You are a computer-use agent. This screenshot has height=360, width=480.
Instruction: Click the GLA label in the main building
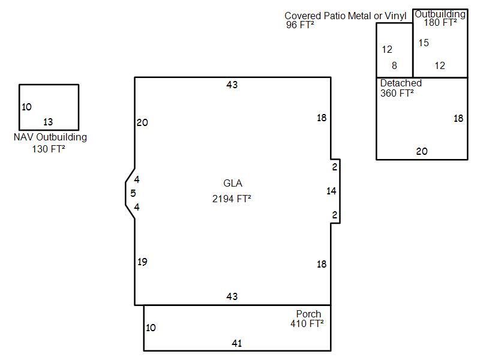coord(233,183)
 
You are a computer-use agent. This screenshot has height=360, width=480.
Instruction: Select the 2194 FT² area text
coord(232,199)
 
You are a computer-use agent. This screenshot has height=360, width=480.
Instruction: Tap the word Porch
coord(308,314)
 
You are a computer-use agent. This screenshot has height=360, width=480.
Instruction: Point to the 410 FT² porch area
coord(307,323)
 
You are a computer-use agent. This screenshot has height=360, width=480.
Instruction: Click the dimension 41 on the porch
coord(236,343)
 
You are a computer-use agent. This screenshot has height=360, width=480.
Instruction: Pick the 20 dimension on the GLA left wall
coord(142,122)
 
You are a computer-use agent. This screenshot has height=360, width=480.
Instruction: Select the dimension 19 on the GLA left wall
coord(142,262)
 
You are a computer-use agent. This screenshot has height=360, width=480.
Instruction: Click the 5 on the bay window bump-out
coord(133,193)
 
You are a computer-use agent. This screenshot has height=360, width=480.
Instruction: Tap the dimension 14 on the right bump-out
coord(331,191)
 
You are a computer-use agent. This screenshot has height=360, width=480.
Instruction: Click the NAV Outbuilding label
coord(50,137)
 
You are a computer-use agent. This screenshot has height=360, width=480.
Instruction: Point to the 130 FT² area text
coord(49,149)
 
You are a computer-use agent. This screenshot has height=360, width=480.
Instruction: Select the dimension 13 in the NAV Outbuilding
coord(48,122)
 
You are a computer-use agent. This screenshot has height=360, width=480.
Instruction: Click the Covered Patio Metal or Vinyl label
coord(346,16)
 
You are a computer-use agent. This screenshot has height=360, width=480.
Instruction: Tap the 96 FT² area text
coord(300,25)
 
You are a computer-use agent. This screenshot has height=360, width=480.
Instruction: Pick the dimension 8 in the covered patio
coord(394,65)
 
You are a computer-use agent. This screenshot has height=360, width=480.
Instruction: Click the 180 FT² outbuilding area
coord(440,22)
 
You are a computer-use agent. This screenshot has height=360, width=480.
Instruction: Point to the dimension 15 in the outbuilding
coord(424,43)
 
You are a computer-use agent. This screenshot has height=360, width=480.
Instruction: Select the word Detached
coord(401,83)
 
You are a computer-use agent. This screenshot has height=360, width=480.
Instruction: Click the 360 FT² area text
coord(397,93)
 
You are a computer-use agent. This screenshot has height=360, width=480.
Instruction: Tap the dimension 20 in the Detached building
coord(422,151)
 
